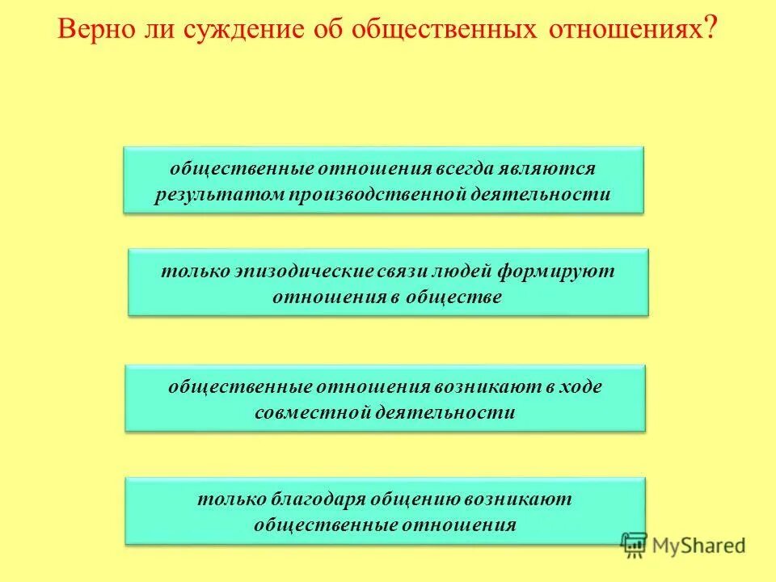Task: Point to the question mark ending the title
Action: coord(711,31)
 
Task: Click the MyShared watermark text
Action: coord(699,546)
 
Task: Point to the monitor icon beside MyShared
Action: coord(635,546)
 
